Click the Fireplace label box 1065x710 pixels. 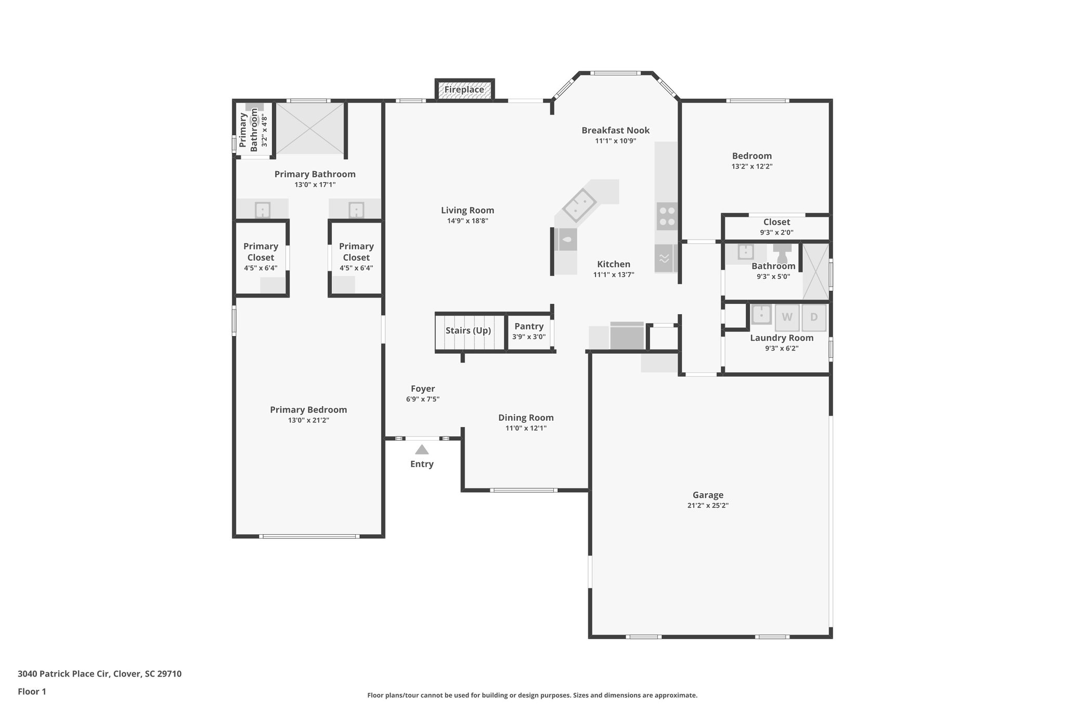click(464, 89)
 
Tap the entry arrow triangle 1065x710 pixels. click(422, 449)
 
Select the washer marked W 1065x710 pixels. click(787, 317)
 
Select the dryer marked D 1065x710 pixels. click(814, 317)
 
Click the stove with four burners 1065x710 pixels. click(667, 216)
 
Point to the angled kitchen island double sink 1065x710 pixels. click(579, 205)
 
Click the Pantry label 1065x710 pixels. click(529, 326)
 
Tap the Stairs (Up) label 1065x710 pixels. click(468, 330)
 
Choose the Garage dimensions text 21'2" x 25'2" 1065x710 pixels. click(708, 506)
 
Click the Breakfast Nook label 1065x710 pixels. click(615, 130)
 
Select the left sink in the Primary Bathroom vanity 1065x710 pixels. click(262, 210)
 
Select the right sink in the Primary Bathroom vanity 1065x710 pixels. click(356, 210)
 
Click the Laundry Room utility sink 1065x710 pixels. click(761, 315)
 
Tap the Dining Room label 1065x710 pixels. click(526, 418)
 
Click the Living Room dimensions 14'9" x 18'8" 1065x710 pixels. click(467, 221)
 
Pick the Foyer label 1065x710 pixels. click(423, 389)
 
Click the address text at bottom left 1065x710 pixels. click(99, 674)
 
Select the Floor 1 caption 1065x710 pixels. click(32, 691)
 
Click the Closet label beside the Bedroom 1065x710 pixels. click(776, 222)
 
